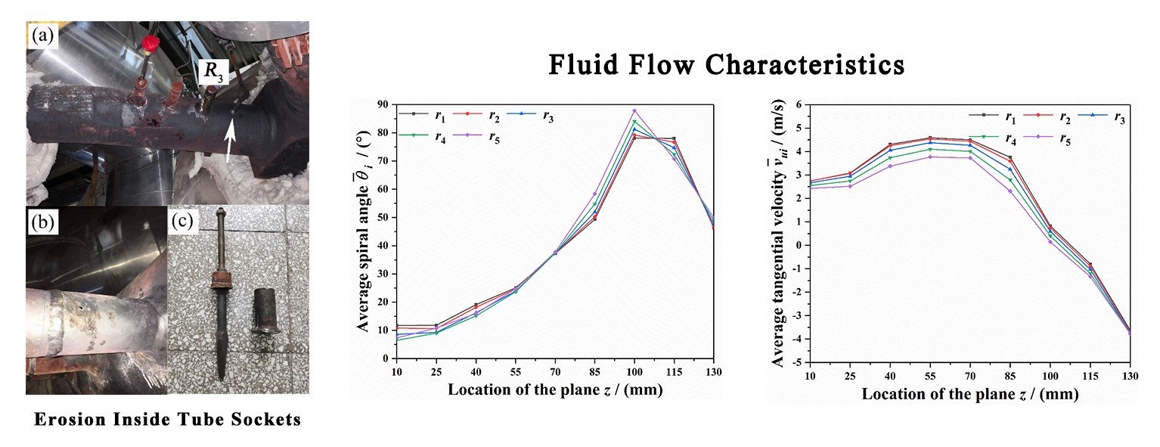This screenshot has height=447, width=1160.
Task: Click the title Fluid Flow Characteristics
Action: (725, 64)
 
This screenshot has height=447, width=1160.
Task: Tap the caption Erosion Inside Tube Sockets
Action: (168, 419)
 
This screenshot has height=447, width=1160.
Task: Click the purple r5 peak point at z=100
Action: (634, 110)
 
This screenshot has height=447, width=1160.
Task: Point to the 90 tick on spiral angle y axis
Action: (384, 104)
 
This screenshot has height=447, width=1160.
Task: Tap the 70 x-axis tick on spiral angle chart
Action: (555, 372)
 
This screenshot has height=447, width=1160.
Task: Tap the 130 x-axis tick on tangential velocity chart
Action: (1130, 376)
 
